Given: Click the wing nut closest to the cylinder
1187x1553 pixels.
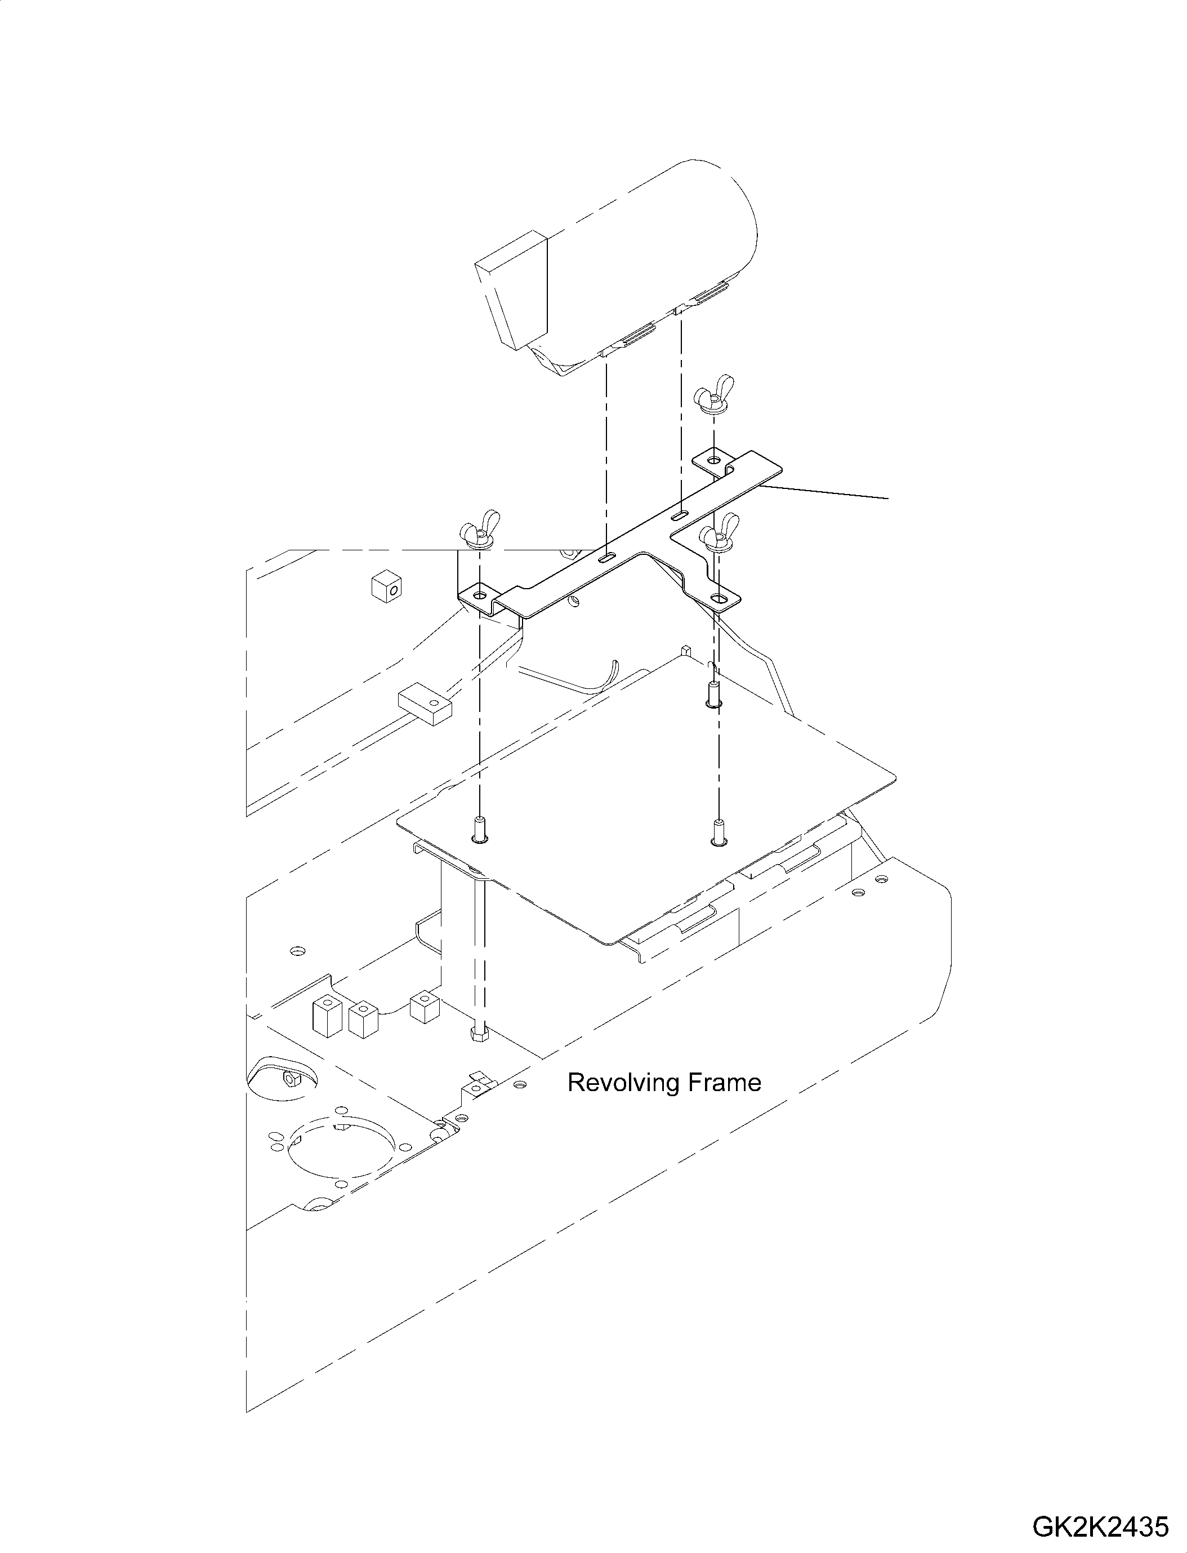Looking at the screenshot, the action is [x=712, y=400].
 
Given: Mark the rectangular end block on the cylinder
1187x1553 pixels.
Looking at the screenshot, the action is [x=512, y=292].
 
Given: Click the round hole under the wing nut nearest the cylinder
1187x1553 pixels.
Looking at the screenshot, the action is [x=715, y=460].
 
